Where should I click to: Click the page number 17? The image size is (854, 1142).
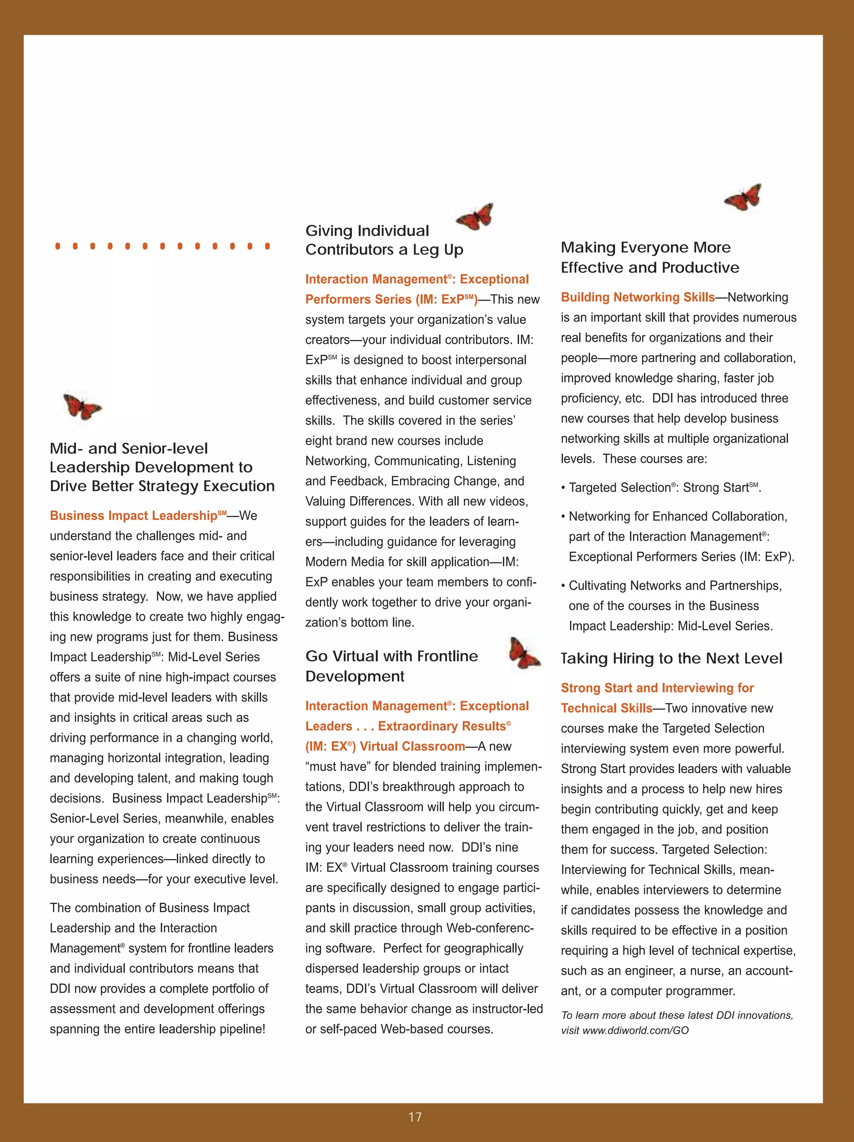click(415, 1117)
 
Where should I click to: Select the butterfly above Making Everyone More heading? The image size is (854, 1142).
click(743, 197)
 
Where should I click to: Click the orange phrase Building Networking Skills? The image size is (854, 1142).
click(638, 297)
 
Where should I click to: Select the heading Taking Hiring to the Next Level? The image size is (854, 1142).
click(671, 658)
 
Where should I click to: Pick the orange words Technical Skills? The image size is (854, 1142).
click(606, 708)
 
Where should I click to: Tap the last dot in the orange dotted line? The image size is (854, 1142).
click(267, 246)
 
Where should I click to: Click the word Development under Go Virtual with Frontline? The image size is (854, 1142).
click(354, 676)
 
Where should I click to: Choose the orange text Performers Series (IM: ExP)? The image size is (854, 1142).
click(391, 300)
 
